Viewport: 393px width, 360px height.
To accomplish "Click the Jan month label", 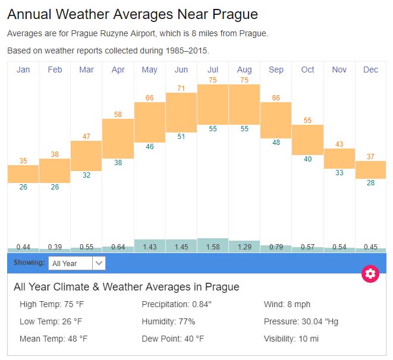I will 23,70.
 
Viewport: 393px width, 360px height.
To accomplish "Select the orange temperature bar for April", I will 118,138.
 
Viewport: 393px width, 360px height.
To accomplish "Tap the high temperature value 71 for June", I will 181,89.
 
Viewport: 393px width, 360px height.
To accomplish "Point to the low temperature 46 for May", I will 149,147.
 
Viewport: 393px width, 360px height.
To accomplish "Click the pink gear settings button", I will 370,273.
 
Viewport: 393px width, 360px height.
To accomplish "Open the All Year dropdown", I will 77,263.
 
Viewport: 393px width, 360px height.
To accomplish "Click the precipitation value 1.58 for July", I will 212,247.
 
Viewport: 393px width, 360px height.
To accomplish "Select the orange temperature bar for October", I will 307,140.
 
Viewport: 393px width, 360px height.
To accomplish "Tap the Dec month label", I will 370,70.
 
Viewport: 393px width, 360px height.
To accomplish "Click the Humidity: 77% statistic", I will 168,321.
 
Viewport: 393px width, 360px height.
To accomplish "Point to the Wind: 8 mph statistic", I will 287,305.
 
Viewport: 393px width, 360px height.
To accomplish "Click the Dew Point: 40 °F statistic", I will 172,339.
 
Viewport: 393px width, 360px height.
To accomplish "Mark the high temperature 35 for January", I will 23,160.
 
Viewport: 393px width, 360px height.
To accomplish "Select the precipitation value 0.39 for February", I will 55,247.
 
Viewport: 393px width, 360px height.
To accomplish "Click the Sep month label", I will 276,70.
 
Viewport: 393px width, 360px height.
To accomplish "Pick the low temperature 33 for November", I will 339,173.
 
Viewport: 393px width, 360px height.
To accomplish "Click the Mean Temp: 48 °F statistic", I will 54,339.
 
